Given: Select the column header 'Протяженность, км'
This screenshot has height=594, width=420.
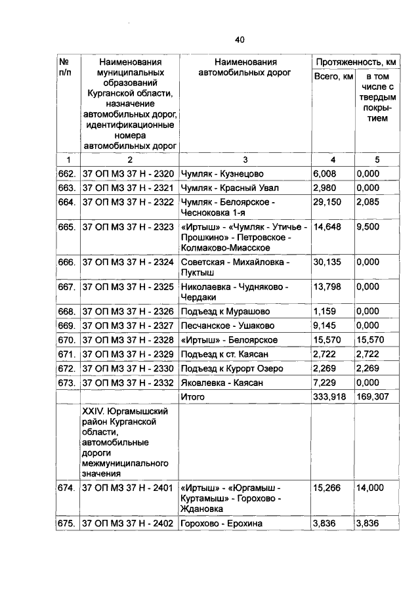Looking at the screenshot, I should tap(356, 62).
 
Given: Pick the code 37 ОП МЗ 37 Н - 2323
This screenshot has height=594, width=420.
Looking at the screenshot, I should tap(128, 226).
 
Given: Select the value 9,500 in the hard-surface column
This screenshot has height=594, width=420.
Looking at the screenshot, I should tap(367, 226).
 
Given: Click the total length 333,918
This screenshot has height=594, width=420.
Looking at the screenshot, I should tap(332, 396).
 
